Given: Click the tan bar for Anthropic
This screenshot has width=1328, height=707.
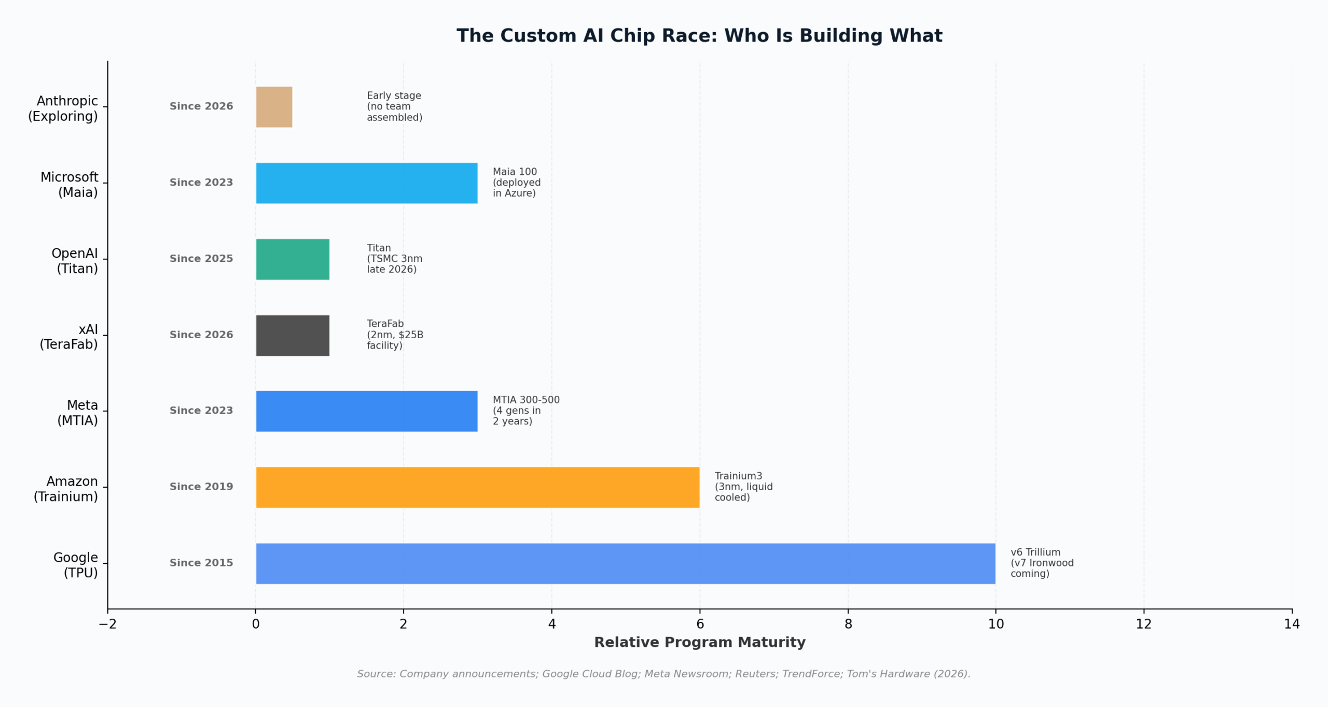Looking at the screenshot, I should tap(274, 107).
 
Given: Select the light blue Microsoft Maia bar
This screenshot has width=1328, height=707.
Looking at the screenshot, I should tap(366, 183).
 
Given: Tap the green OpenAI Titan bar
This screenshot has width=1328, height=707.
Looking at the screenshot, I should tap(293, 259).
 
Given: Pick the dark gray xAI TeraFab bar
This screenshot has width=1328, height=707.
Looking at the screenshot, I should tap(293, 335).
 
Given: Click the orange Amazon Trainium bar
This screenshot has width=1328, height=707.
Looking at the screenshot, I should tap(477, 487).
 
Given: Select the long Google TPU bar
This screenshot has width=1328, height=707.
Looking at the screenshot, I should tap(625, 563).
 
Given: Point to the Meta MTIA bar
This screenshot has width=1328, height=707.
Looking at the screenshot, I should tap(366, 411).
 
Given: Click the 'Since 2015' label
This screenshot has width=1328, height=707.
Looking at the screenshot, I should tap(201, 563).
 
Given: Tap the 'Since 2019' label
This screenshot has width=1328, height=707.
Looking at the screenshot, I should tap(201, 487).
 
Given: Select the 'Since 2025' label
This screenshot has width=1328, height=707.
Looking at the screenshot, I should tap(201, 258).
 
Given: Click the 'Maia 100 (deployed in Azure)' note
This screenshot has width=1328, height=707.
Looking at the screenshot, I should tap(516, 183).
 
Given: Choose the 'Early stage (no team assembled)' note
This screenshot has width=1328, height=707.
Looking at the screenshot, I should tap(394, 106).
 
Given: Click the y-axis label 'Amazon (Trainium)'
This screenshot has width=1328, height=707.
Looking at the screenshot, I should tap(66, 489).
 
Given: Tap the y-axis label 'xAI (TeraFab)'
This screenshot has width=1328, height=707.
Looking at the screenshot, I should tap(68, 337).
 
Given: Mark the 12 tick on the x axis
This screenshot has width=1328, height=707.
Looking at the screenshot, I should tap(1143, 623).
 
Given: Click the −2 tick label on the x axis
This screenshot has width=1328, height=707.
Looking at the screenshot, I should tap(107, 623).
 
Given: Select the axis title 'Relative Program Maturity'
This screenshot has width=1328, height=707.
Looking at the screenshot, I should tap(699, 642).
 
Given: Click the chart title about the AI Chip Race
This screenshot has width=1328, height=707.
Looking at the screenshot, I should tap(699, 36).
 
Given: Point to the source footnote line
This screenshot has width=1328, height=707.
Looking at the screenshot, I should tap(663, 674).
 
